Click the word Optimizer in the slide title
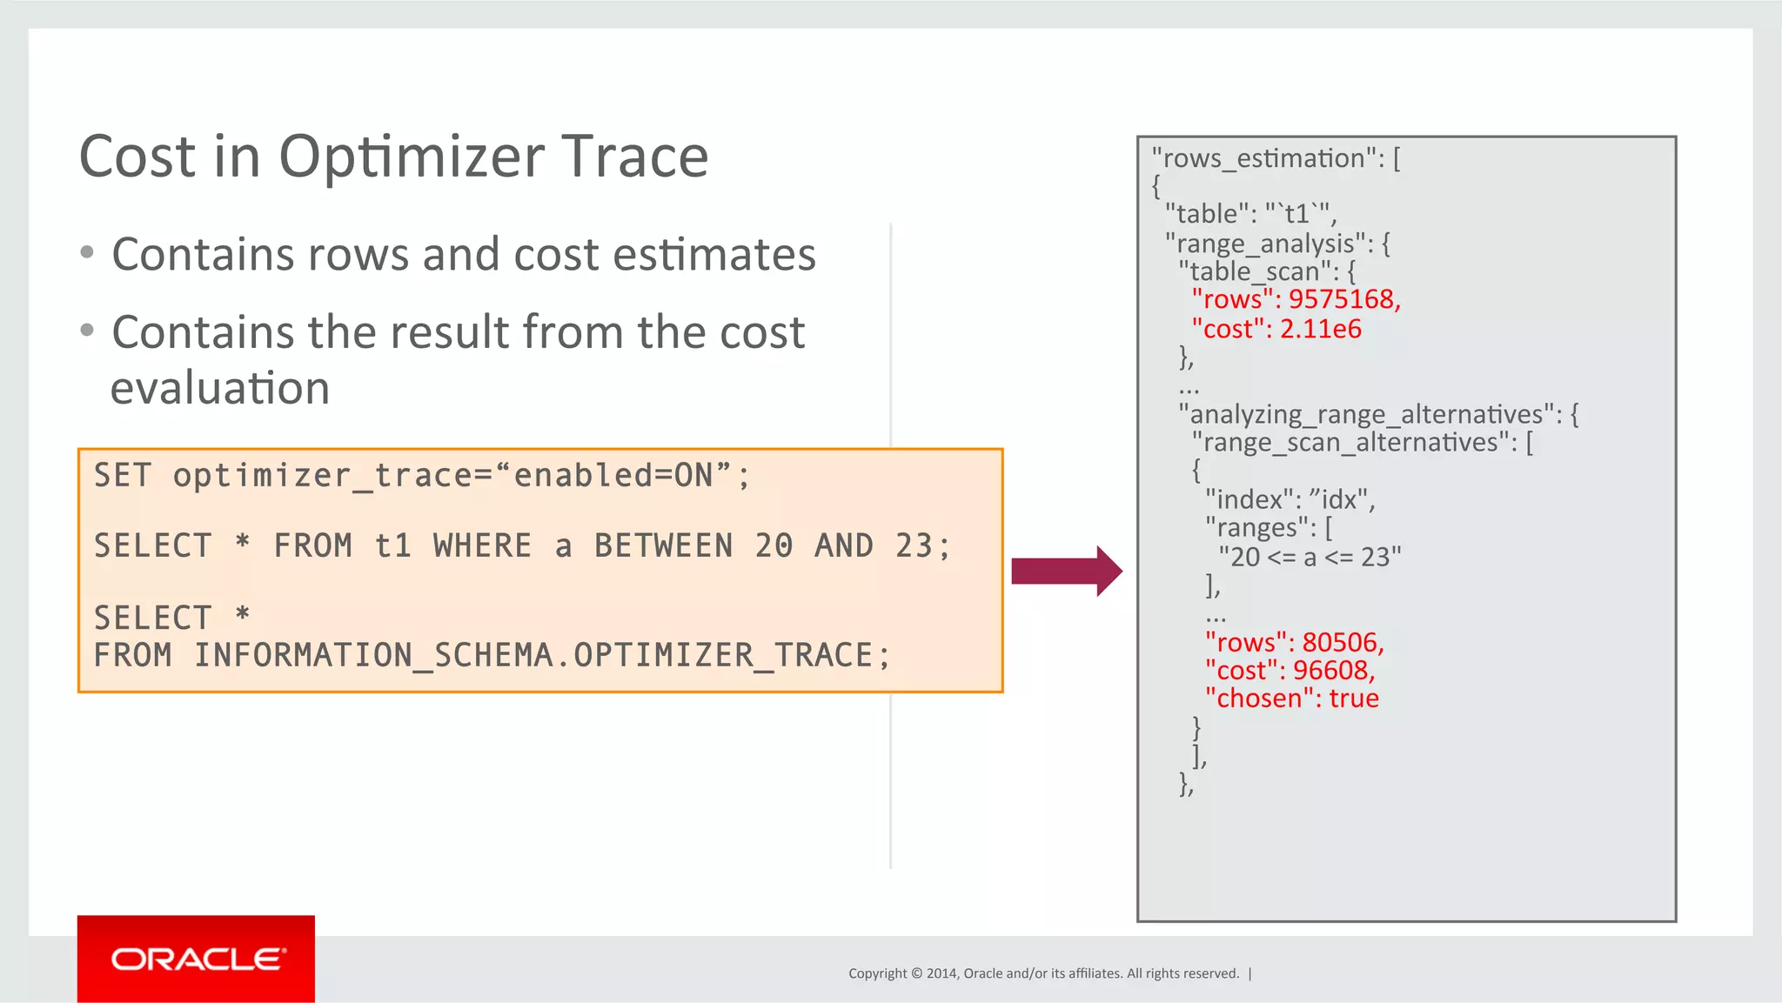tap(411, 157)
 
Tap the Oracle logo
tap(197, 959)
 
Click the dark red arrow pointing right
tap(1067, 572)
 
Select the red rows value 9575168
tap(1344, 299)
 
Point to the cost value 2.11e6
tap(1321, 329)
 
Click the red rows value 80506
tap(1343, 642)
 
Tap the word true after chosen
tap(1354, 698)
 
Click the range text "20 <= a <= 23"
tap(1310, 557)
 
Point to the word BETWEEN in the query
tap(664, 546)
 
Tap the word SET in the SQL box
tap(123, 476)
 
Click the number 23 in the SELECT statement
tap(914, 546)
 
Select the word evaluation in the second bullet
tap(220, 388)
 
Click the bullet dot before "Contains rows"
tap(87, 253)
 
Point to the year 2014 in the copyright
tap(941, 973)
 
